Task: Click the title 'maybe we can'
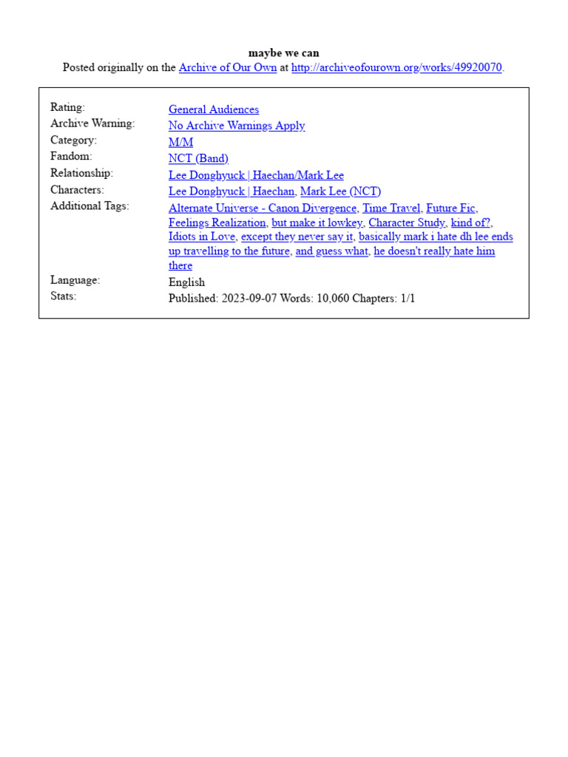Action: (284, 53)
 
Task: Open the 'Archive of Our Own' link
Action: (228, 68)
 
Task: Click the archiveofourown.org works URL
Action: (396, 68)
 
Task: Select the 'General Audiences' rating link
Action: (214, 109)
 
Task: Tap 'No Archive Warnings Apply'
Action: (237, 126)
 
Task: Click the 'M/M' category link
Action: (180, 142)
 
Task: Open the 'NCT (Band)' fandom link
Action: (198, 158)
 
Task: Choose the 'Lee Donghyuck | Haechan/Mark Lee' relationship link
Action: (256, 175)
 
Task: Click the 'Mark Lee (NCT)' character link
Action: (340, 191)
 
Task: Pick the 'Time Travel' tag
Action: (391, 208)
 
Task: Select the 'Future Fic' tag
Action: (450, 208)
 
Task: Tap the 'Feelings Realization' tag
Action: (217, 223)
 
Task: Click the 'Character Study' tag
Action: (407, 223)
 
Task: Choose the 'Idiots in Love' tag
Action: (202, 237)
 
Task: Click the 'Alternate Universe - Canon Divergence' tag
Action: (263, 208)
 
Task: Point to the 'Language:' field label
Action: (75, 280)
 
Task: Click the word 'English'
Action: (186, 282)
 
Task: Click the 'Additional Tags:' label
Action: (89, 206)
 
